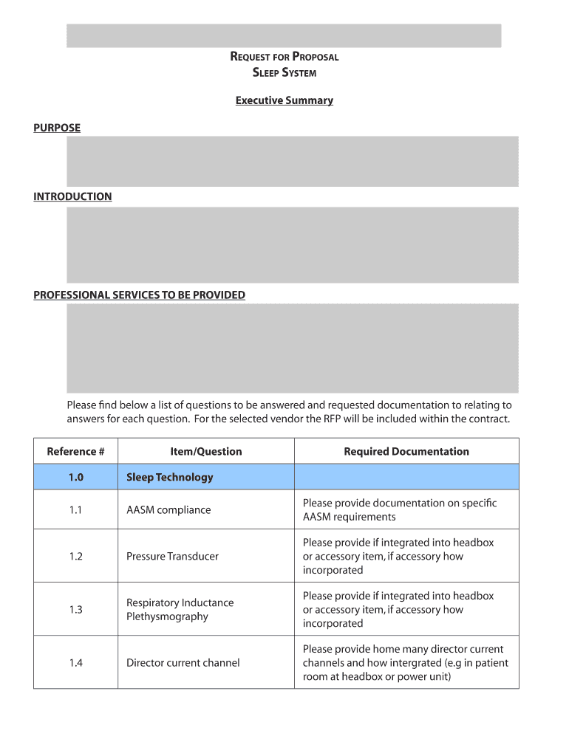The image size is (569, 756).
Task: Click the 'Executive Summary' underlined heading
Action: pyautogui.click(x=284, y=100)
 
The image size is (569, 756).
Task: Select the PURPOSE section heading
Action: pyautogui.click(x=57, y=128)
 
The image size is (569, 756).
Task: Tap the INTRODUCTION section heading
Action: pyautogui.click(x=72, y=196)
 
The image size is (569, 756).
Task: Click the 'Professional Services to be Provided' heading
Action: pyautogui.click(x=139, y=295)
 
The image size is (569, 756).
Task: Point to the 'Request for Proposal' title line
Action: pyautogui.click(x=284, y=57)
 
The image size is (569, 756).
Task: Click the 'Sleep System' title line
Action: pyautogui.click(x=284, y=72)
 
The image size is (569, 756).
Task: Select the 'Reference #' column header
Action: pyautogui.click(x=75, y=451)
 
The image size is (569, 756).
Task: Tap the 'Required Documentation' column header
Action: pyautogui.click(x=406, y=451)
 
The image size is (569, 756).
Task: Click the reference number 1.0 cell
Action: pyautogui.click(x=75, y=477)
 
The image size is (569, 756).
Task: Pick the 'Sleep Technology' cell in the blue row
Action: pyautogui.click(x=169, y=477)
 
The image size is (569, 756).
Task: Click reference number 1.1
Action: pyautogui.click(x=75, y=510)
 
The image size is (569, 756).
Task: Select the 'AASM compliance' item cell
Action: pyautogui.click(x=168, y=510)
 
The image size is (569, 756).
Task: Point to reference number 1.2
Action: pyautogui.click(x=75, y=557)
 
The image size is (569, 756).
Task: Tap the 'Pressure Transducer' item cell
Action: pyautogui.click(x=172, y=557)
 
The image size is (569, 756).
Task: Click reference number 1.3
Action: pyautogui.click(x=75, y=610)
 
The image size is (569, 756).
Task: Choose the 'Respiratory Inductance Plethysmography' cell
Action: pyautogui.click(x=180, y=610)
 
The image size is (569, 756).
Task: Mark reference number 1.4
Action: pyautogui.click(x=75, y=663)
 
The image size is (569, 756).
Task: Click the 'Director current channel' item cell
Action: pyautogui.click(x=183, y=663)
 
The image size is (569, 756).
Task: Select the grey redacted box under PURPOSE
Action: pyautogui.click(x=292, y=161)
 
